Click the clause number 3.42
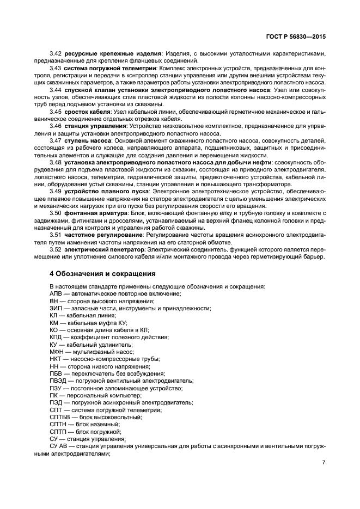pyautogui.click(x=56, y=53)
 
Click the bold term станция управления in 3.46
pyautogui.click(x=94, y=126)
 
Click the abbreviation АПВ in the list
pyautogui.click(x=56, y=293)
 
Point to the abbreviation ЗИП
pyautogui.click(x=56, y=308)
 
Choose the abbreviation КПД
pyautogui.click(x=56, y=337)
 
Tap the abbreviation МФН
pyautogui.click(x=57, y=352)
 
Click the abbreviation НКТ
pyautogui.click(x=56, y=359)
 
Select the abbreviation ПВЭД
pyautogui.click(x=58, y=381)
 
